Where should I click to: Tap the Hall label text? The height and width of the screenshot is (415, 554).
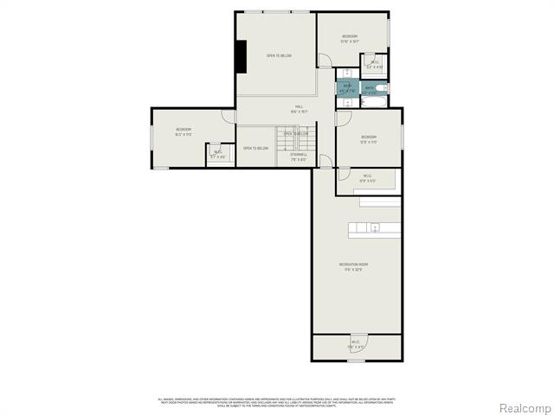(299, 109)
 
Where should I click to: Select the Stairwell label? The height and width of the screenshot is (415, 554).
(299, 157)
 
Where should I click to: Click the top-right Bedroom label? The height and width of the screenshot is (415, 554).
(350, 37)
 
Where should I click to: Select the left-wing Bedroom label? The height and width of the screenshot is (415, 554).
(183, 131)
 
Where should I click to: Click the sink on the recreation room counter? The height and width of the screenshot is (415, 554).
(374, 228)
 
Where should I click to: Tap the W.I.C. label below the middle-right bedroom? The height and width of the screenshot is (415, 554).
(367, 179)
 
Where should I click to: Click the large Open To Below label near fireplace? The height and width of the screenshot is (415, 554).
(279, 56)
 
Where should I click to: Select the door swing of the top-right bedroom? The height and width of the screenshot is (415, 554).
(324, 61)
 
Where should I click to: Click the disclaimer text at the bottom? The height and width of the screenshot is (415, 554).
(277, 401)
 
